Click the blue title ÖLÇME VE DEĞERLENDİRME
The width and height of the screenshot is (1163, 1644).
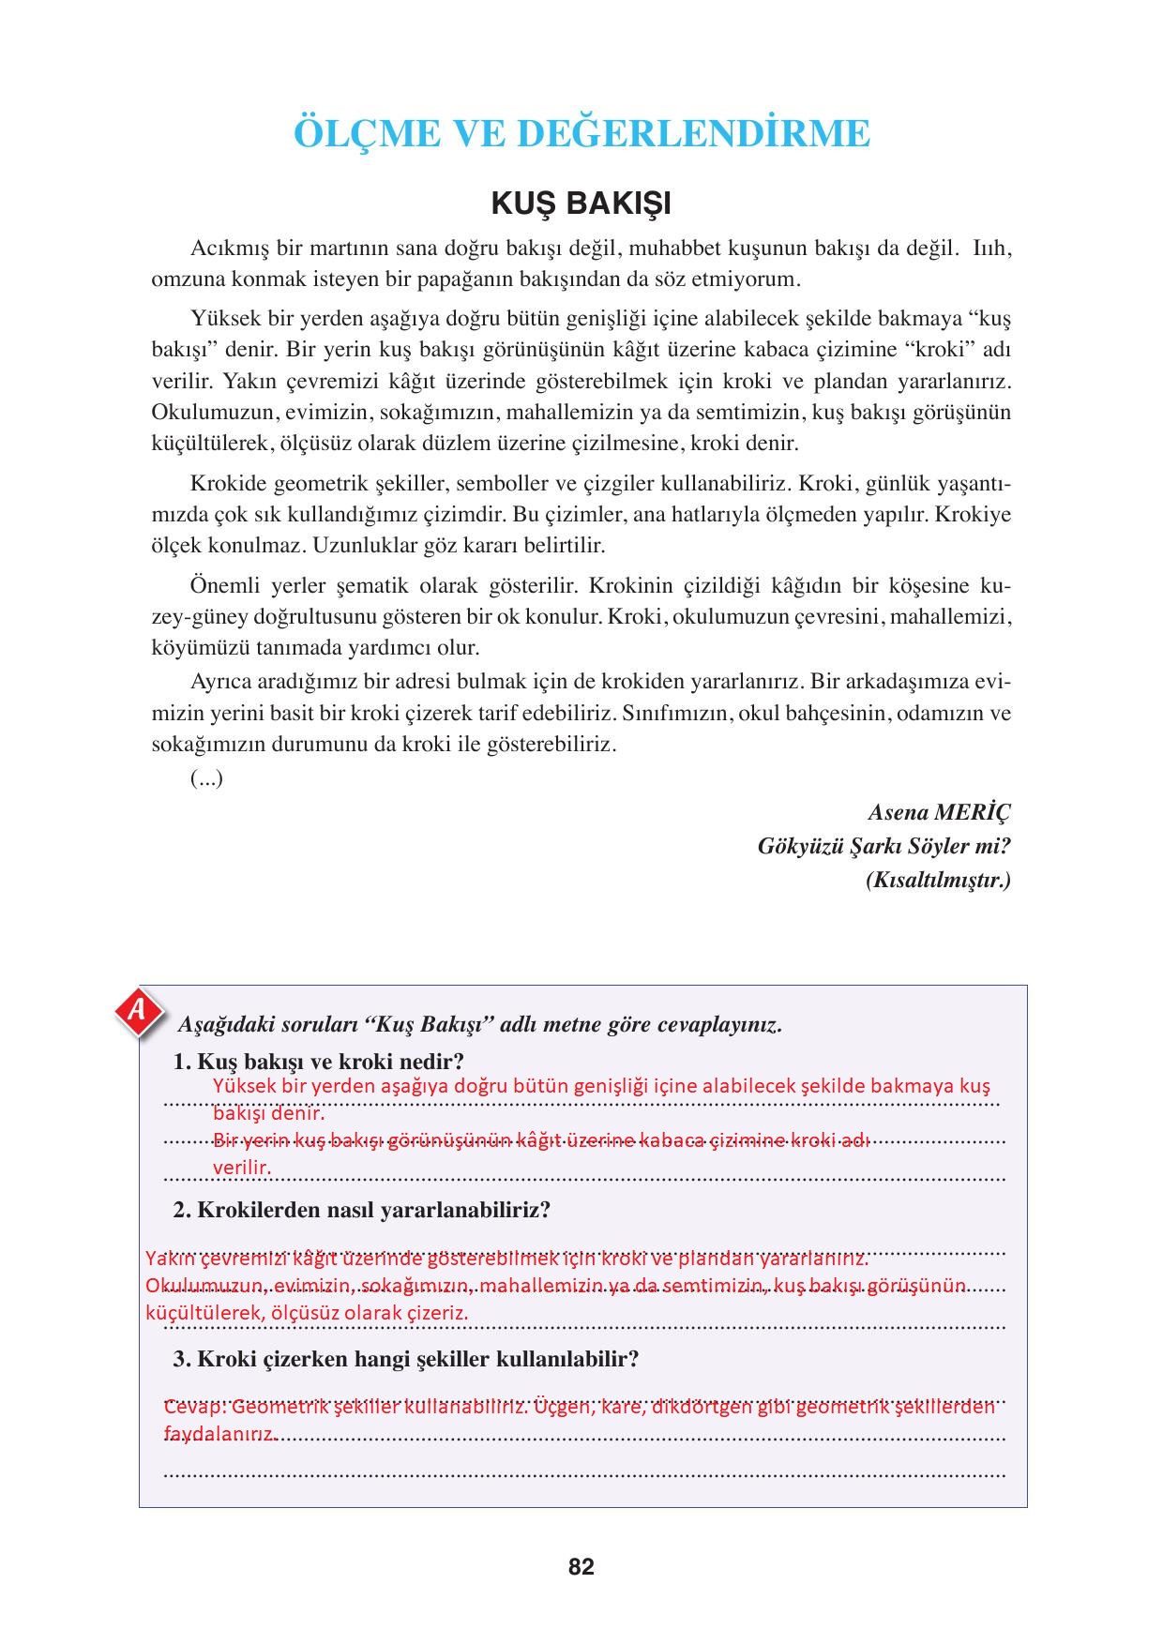pyautogui.click(x=581, y=134)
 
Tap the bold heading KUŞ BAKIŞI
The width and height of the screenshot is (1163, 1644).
pyautogui.click(x=581, y=204)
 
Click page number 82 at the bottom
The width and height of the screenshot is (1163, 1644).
pyautogui.click(x=581, y=1567)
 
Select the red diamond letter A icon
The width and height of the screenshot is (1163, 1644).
pyautogui.click(x=139, y=1012)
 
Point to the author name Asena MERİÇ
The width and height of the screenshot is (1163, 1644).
pyautogui.click(x=940, y=812)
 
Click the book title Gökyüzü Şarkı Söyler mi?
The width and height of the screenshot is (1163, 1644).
pyautogui.click(x=884, y=847)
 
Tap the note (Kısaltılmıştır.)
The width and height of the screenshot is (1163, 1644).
pyautogui.click(x=939, y=882)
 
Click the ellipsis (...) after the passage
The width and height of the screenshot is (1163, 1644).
pyautogui.click(x=206, y=778)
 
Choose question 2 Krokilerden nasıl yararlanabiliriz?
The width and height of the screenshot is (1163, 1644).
pyautogui.click(x=362, y=1210)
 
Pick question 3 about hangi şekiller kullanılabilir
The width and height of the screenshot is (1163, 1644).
pyautogui.click(x=406, y=1359)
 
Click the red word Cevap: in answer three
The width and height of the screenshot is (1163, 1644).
pyautogui.click(x=194, y=1408)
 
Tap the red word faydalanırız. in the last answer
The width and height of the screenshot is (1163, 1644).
pyautogui.click(x=219, y=1435)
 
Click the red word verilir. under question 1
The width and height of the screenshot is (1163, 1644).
pyautogui.click(x=242, y=1168)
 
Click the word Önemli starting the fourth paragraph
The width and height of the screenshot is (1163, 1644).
pyautogui.click(x=221, y=586)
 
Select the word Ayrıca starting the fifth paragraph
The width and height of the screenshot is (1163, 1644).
pyautogui.click(x=221, y=680)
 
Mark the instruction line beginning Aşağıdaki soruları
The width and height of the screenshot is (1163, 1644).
pyautogui.click(x=480, y=1024)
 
